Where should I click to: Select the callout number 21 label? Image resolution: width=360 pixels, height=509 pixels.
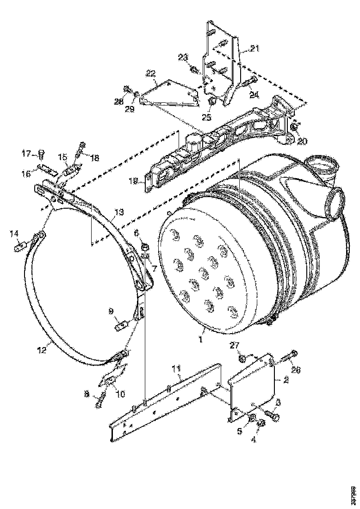255,49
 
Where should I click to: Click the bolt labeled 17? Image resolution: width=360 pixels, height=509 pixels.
41,152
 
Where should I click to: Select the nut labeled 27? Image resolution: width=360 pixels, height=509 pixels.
242,358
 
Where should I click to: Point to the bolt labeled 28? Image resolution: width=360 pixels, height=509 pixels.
127,89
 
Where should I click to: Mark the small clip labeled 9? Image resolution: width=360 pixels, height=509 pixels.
120,325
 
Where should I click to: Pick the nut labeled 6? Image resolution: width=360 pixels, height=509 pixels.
144,246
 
